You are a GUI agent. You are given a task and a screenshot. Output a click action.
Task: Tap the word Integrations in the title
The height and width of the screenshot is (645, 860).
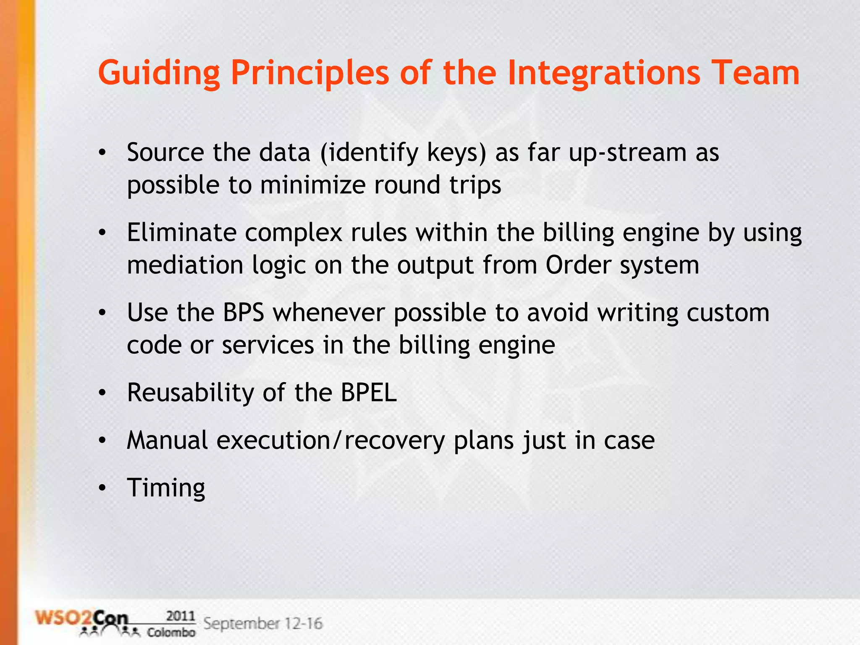pos(604,73)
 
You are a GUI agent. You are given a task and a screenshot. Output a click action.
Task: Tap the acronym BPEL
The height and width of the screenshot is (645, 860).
pos(368,393)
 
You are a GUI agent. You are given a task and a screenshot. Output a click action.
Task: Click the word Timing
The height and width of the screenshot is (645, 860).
pos(166,488)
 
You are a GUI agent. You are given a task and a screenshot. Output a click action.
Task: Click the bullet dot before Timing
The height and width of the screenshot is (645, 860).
pos(102,488)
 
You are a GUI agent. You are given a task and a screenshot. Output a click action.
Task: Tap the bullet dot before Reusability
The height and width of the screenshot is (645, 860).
pos(102,393)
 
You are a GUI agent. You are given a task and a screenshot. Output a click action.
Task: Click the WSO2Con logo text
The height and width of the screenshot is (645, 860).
pos(82,619)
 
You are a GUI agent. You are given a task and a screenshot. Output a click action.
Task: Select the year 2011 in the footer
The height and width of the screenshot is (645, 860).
pos(181,616)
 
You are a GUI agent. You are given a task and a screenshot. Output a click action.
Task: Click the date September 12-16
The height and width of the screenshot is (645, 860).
pos(263,623)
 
